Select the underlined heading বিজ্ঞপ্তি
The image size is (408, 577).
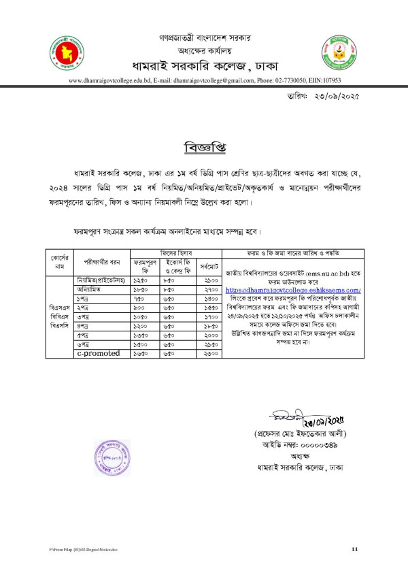pyautogui.click(x=204, y=147)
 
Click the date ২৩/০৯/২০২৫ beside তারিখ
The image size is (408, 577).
pyautogui.click(x=334, y=97)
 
